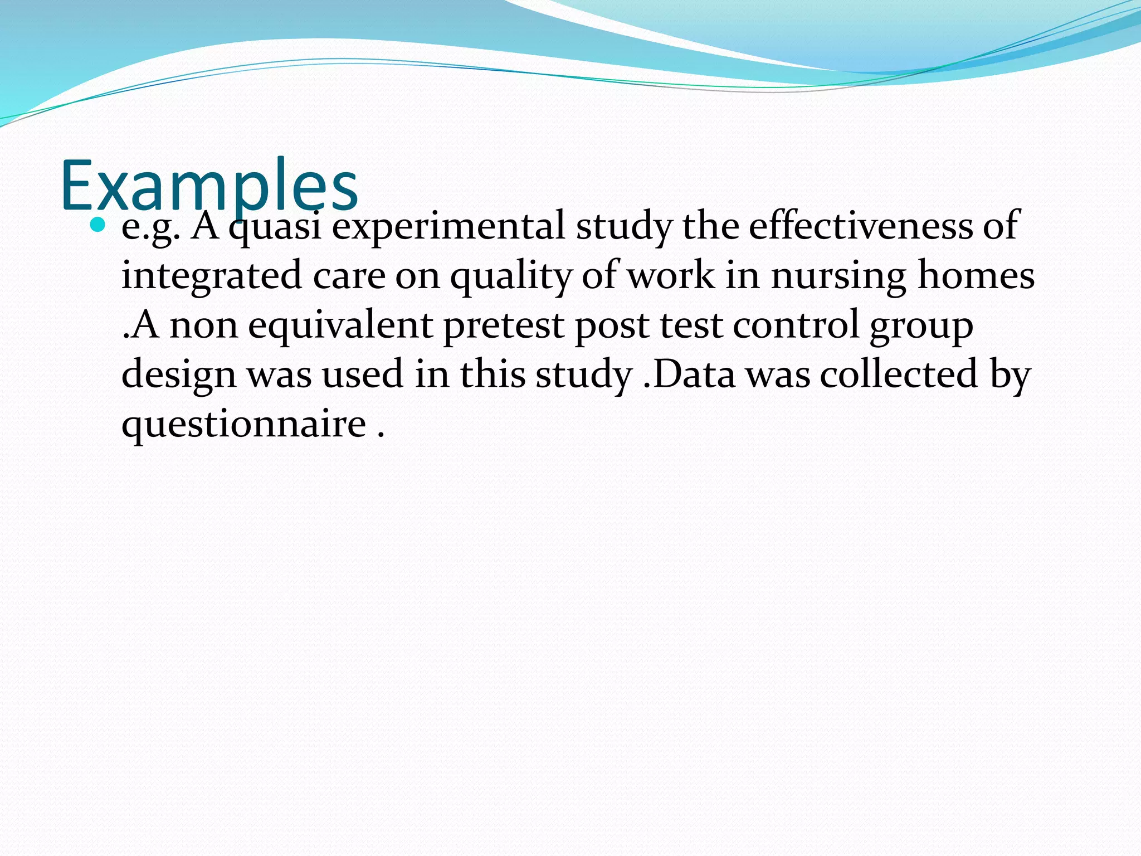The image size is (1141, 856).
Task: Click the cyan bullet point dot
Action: (x=97, y=225)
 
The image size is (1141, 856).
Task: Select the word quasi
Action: (x=275, y=227)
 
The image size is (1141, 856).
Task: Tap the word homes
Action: (x=976, y=275)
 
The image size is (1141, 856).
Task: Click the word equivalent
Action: (x=340, y=326)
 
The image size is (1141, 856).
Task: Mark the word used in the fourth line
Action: (x=362, y=374)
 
